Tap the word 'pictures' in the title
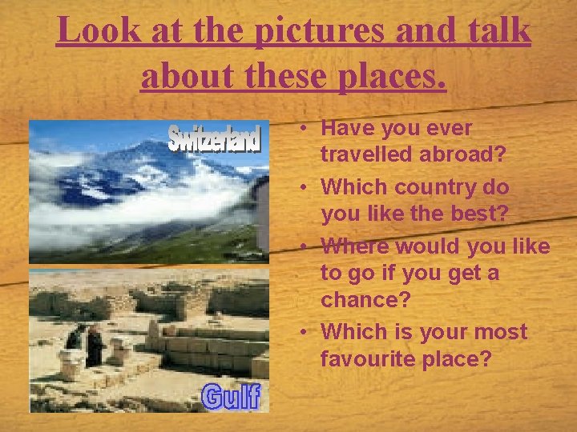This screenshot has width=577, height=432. point(317,31)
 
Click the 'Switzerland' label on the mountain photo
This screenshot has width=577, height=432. point(214,138)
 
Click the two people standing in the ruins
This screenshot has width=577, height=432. point(86,344)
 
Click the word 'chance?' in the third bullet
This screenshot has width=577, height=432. point(361,300)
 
